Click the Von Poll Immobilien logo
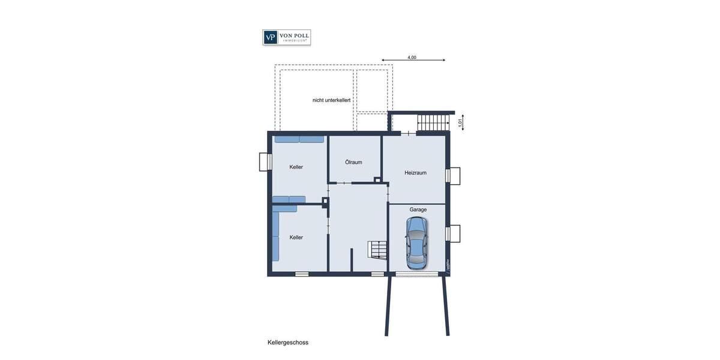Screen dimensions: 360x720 pyautogui.click(x=287, y=37)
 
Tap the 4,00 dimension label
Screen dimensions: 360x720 pyautogui.click(x=412, y=58)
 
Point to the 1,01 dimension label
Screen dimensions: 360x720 pyautogui.click(x=460, y=122)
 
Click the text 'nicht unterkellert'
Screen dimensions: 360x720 pyautogui.click(x=331, y=100)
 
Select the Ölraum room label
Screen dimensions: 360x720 pyautogui.click(x=353, y=162)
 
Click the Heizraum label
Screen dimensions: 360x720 pyautogui.click(x=415, y=173)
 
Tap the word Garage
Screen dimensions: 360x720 pyautogui.click(x=418, y=209)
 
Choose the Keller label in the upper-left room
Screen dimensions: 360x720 pyautogui.click(x=296, y=167)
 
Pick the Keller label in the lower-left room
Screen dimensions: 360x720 pyautogui.click(x=296, y=238)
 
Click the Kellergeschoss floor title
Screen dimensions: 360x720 pyautogui.click(x=288, y=343)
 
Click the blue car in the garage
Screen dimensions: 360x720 pyautogui.click(x=416, y=242)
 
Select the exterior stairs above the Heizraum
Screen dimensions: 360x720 pyautogui.click(x=433, y=122)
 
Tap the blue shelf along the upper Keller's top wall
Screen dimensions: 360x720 pyautogui.click(x=299, y=139)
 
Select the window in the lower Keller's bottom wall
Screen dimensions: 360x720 pyautogui.click(x=302, y=274)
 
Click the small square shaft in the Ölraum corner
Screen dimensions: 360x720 pyautogui.click(x=377, y=179)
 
